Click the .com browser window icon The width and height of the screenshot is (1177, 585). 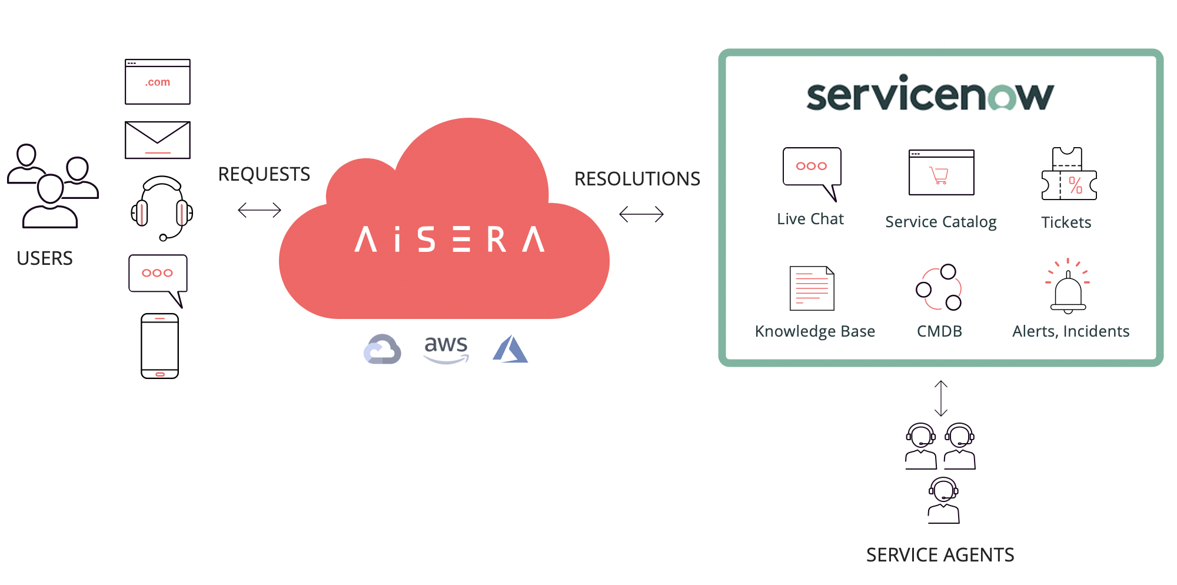tap(157, 82)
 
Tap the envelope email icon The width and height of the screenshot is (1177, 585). tap(157, 140)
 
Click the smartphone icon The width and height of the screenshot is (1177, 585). tap(159, 346)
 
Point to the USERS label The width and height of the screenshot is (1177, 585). tap(45, 258)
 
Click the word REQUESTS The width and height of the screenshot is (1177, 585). tap(264, 174)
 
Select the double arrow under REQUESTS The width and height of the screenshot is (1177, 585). tap(260, 210)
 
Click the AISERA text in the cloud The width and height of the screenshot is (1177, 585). tap(450, 240)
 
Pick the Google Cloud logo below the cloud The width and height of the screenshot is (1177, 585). tap(383, 350)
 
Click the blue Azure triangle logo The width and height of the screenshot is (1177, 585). tap(510, 350)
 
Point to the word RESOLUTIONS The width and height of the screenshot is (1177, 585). tap(637, 179)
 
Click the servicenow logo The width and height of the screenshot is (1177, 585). tap(930, 94)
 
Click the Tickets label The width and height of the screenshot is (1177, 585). tap(1066, 222)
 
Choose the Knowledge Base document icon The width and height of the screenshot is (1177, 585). tap(812, 288)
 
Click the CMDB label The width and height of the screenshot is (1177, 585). tap(939, 331)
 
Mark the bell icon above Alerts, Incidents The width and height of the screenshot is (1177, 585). tap(1068, 290)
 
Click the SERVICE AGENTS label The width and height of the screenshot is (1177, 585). tap(940, 555)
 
